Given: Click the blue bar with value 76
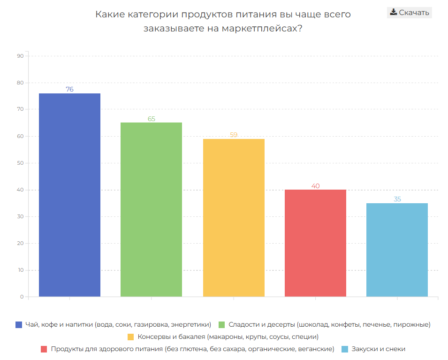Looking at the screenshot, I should tap(69, 195).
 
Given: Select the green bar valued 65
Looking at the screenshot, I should tap(151, 209).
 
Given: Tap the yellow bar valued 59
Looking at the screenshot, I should tap(234, 218).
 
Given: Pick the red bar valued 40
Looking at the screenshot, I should tap(315, 243).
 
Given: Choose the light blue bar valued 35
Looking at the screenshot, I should tap(397, 250).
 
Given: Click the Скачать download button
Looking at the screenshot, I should tap(410, 13).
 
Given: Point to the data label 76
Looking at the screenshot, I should tap(69, 89).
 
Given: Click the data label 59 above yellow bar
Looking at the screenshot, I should tap(234, 135).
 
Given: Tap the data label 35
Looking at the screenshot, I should tap(397, 199).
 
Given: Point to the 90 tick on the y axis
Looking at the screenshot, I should tap(20, 56).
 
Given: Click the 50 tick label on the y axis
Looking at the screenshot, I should tap(20, 163).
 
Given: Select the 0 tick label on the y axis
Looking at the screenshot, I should tap(22, 297).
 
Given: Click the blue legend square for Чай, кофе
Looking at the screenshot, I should tap(19, 324).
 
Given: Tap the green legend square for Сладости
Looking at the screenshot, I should tap(222, 324).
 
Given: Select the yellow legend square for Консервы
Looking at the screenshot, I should tap(131, 337).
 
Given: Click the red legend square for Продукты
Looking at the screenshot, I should tap(44, 349).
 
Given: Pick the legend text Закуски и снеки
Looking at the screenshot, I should tap(378, 349).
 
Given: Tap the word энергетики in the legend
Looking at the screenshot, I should tap(192, 324).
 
